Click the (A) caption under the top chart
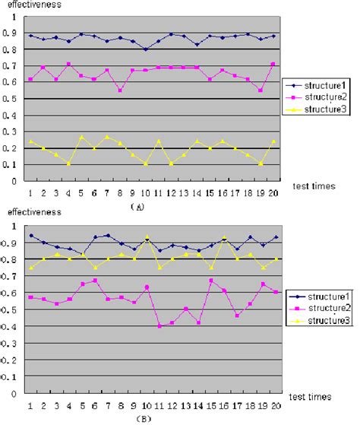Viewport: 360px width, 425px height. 138,205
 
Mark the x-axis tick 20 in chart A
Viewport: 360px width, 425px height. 273,194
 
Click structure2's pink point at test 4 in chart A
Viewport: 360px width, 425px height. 69,64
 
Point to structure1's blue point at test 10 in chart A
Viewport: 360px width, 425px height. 146,49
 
